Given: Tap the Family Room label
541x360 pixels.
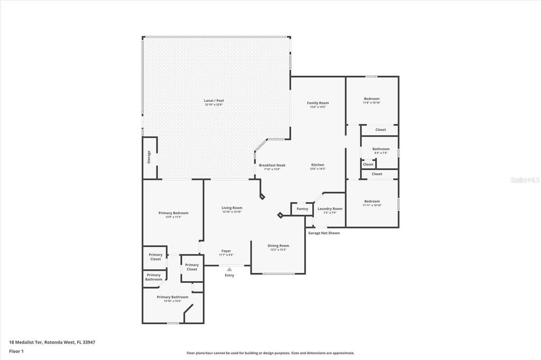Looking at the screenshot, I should pos(318,103).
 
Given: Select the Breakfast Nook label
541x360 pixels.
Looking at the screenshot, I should pos(272,165).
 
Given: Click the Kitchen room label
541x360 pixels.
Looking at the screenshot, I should pos(318,165).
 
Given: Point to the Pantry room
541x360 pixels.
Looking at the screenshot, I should pos(302,209).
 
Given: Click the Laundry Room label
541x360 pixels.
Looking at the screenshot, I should pos(330,209).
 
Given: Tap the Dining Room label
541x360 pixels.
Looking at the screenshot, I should pos(278,246).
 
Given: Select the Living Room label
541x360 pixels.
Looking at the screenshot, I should pos(231,208).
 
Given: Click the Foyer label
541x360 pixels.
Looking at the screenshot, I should pos(226,251).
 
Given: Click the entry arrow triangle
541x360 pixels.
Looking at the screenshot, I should pos(229,269).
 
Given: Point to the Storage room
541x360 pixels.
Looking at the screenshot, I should pos(149,157).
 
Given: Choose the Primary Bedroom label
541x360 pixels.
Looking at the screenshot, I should pos(173,213).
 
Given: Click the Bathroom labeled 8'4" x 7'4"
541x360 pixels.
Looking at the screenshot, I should pos(380,149).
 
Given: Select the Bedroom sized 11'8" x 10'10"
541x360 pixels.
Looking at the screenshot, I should pos(371,99).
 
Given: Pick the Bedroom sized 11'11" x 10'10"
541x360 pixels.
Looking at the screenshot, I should pos(372,201).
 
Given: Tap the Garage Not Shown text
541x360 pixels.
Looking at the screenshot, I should pos(324,233).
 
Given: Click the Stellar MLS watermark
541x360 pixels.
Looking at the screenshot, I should pos(524,179).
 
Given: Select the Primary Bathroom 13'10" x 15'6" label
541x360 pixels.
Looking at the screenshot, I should pos(172,297).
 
